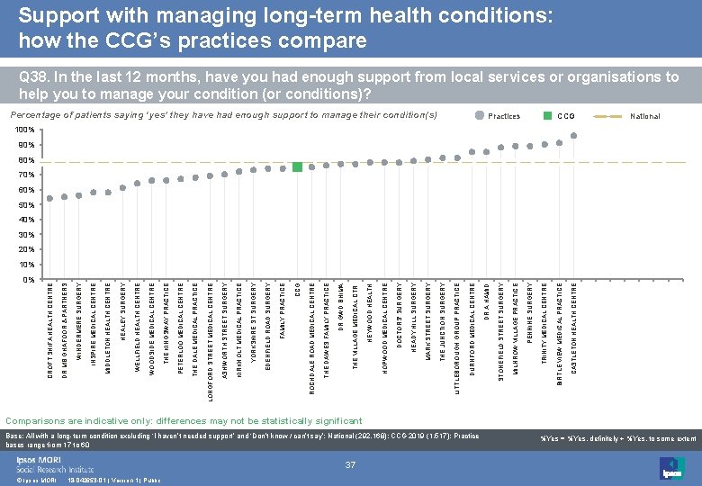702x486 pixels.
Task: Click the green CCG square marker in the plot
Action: pyautogui.click(x=297, y=166)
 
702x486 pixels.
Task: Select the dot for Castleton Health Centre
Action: pyautogui.click(x=574, y=136)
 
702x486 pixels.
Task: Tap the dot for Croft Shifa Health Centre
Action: pyautogui.click(x=50, y=198)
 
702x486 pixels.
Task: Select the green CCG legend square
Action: pyautogui.click(x=547, y=116)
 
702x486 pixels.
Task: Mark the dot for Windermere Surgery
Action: pyautogui.click(x=79, y=195)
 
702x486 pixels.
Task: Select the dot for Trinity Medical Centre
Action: pyautogui.click(x=544, y=145)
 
